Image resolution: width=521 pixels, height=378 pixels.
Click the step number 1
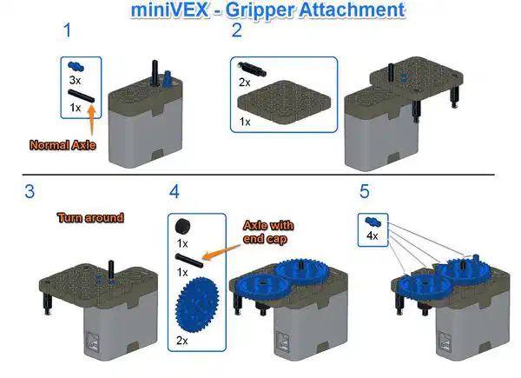(x=68, y=30)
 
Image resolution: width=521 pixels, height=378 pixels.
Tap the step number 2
(x=236, y=30)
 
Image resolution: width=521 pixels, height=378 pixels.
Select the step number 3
(x=30, y=192)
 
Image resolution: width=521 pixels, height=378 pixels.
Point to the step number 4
(x=175, y=192)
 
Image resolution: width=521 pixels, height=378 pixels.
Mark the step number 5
(x=365, y=191)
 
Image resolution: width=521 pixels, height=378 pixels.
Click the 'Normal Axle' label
(x=63, y=145)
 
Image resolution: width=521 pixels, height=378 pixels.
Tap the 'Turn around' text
(x=90, y=218)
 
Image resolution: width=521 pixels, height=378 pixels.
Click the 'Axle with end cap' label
(x=267, y=232)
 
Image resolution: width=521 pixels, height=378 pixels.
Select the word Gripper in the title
(x=260, y=10)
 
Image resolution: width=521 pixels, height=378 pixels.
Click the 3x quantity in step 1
(x=75, y=80)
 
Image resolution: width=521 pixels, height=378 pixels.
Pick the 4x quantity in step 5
(x=373, y=235)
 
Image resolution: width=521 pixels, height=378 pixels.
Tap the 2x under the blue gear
(x=181, y=341)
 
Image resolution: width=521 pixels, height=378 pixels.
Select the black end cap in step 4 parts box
(x=182, y=227)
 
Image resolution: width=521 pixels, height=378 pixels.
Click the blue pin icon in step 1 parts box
(x=76, y=67)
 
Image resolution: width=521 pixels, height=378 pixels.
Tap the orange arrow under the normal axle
(x=91, y=120)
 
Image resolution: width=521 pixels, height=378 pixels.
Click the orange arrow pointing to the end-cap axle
(x=221, y=251)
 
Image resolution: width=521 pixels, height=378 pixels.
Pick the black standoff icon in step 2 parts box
(x=252, y=70)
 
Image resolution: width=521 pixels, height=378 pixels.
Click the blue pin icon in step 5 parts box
(x=373, y=221)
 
